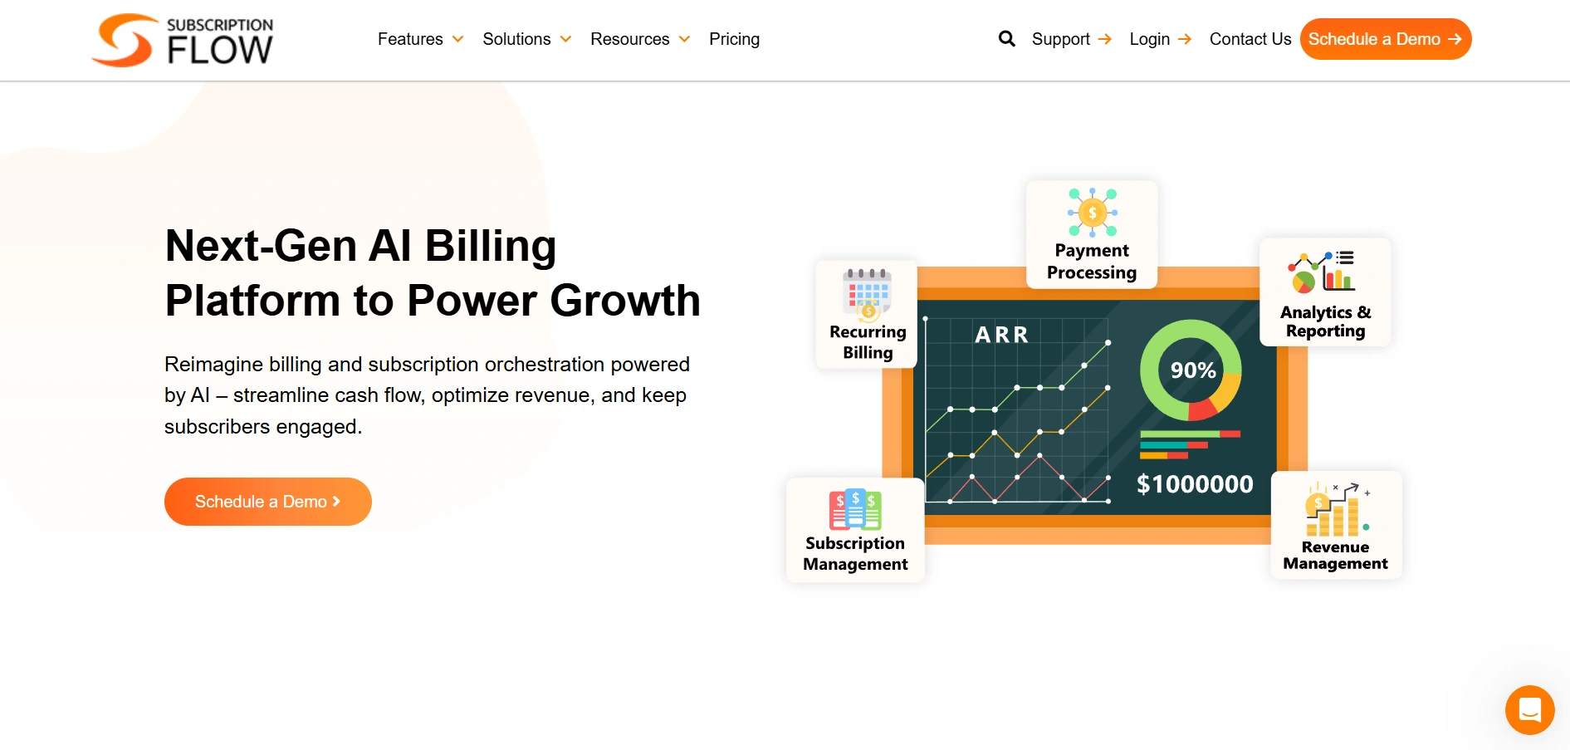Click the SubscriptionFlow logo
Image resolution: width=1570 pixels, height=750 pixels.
pyautogui.click(x=183, y=40)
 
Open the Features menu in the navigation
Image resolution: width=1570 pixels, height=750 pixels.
pyautogui.click(x=419, y=39)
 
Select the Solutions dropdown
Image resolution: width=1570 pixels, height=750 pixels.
pyautogui.click(x=526, y=39)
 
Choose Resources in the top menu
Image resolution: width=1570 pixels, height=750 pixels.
pyautogui.click(x=639, y=39)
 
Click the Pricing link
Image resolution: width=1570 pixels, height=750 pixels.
pyautogui.click(x=734, y=39)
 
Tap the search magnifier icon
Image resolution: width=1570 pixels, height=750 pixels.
pyautogui.click(x=1006, y=39)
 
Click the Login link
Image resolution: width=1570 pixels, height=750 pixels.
pyautogui.click(x=1159, y=39)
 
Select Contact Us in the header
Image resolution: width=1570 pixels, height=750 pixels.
pyautogui.click(x=1250, y=39)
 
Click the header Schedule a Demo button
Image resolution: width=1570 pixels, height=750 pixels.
pyautogui.click(x=1385, y=39)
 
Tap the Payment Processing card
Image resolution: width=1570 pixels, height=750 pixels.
pyautogui.click(x=1091, y=235)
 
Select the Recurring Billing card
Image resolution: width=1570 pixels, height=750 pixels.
pyautogui.click(x=867, y=315)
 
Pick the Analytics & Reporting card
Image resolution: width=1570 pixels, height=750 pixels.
pyautogui.click(x=1325, y=292)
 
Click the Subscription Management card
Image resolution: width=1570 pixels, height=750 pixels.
pyautogui.click(x=855, y=531)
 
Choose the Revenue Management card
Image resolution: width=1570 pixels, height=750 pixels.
pyautogui.click(x=1335, y=526)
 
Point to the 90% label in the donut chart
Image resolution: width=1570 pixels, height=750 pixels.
pyautogui.click(x=1192, y=370)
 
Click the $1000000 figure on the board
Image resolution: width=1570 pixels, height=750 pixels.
pyautogui.click(x=1194, y=484)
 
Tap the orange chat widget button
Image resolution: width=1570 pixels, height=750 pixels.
pyautogui.click(x=1529, y=710)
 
